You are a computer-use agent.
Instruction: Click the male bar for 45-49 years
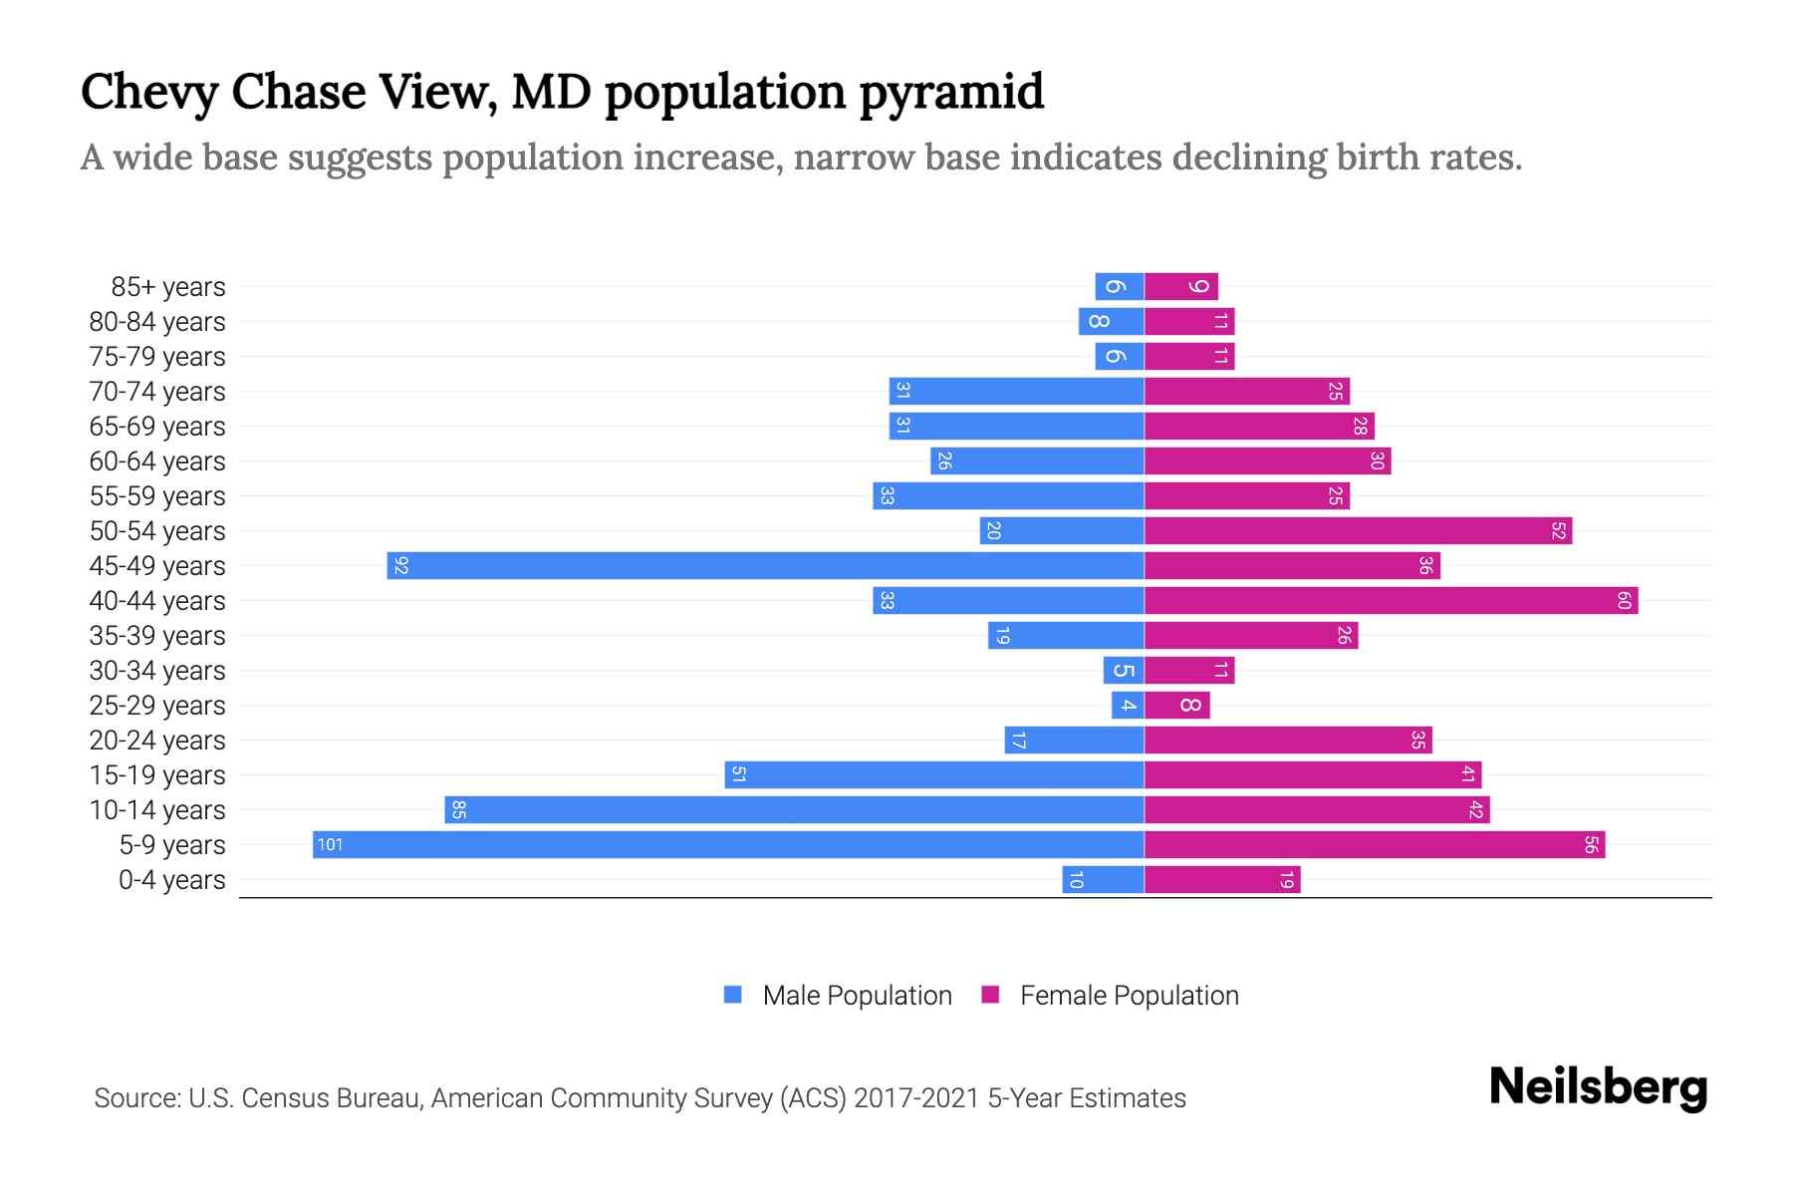765,565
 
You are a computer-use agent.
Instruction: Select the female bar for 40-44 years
1391,600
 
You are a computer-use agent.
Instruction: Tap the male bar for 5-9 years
728,844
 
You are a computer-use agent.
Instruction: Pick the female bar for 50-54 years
1358,530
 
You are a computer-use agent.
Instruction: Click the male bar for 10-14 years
794,809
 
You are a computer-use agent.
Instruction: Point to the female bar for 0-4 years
1222,879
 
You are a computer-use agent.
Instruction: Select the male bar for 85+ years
1119,286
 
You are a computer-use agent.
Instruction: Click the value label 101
330,844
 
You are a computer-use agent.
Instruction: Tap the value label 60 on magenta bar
1624,600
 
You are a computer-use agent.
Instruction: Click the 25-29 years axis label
157,706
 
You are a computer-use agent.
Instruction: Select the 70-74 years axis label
157,392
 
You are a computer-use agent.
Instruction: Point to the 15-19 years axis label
157,775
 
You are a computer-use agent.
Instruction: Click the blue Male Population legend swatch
733,995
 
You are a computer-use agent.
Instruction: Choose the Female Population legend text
1129,995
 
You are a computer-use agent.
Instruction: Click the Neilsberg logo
1598,1086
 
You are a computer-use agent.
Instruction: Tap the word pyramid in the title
950,92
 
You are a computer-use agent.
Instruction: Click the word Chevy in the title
148,92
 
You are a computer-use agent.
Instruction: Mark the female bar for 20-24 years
1288,740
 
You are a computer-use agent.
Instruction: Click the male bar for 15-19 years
934,774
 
